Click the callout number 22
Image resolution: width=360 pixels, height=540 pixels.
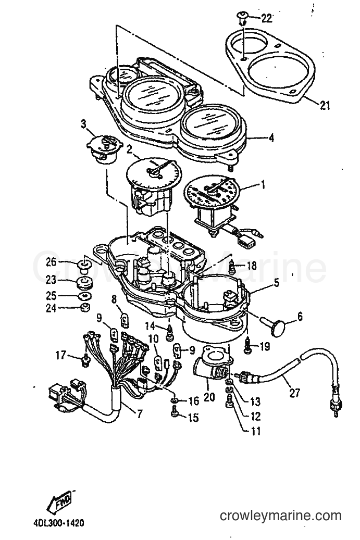(x=266, y=18)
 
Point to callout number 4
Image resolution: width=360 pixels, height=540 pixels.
(x=271, y=138)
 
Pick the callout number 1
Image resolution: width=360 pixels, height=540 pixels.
(x=263, y=185)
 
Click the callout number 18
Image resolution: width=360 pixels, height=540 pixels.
(x=252, y=265)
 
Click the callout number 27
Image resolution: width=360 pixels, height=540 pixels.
(x=294, y=392)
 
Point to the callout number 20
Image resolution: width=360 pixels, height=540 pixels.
(x=209, y=397)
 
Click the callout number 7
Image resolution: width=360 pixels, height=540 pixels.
(x=139, y=413)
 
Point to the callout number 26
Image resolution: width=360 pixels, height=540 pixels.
(x=52, y=262)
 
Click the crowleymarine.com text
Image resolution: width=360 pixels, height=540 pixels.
(x=281, y=516)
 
